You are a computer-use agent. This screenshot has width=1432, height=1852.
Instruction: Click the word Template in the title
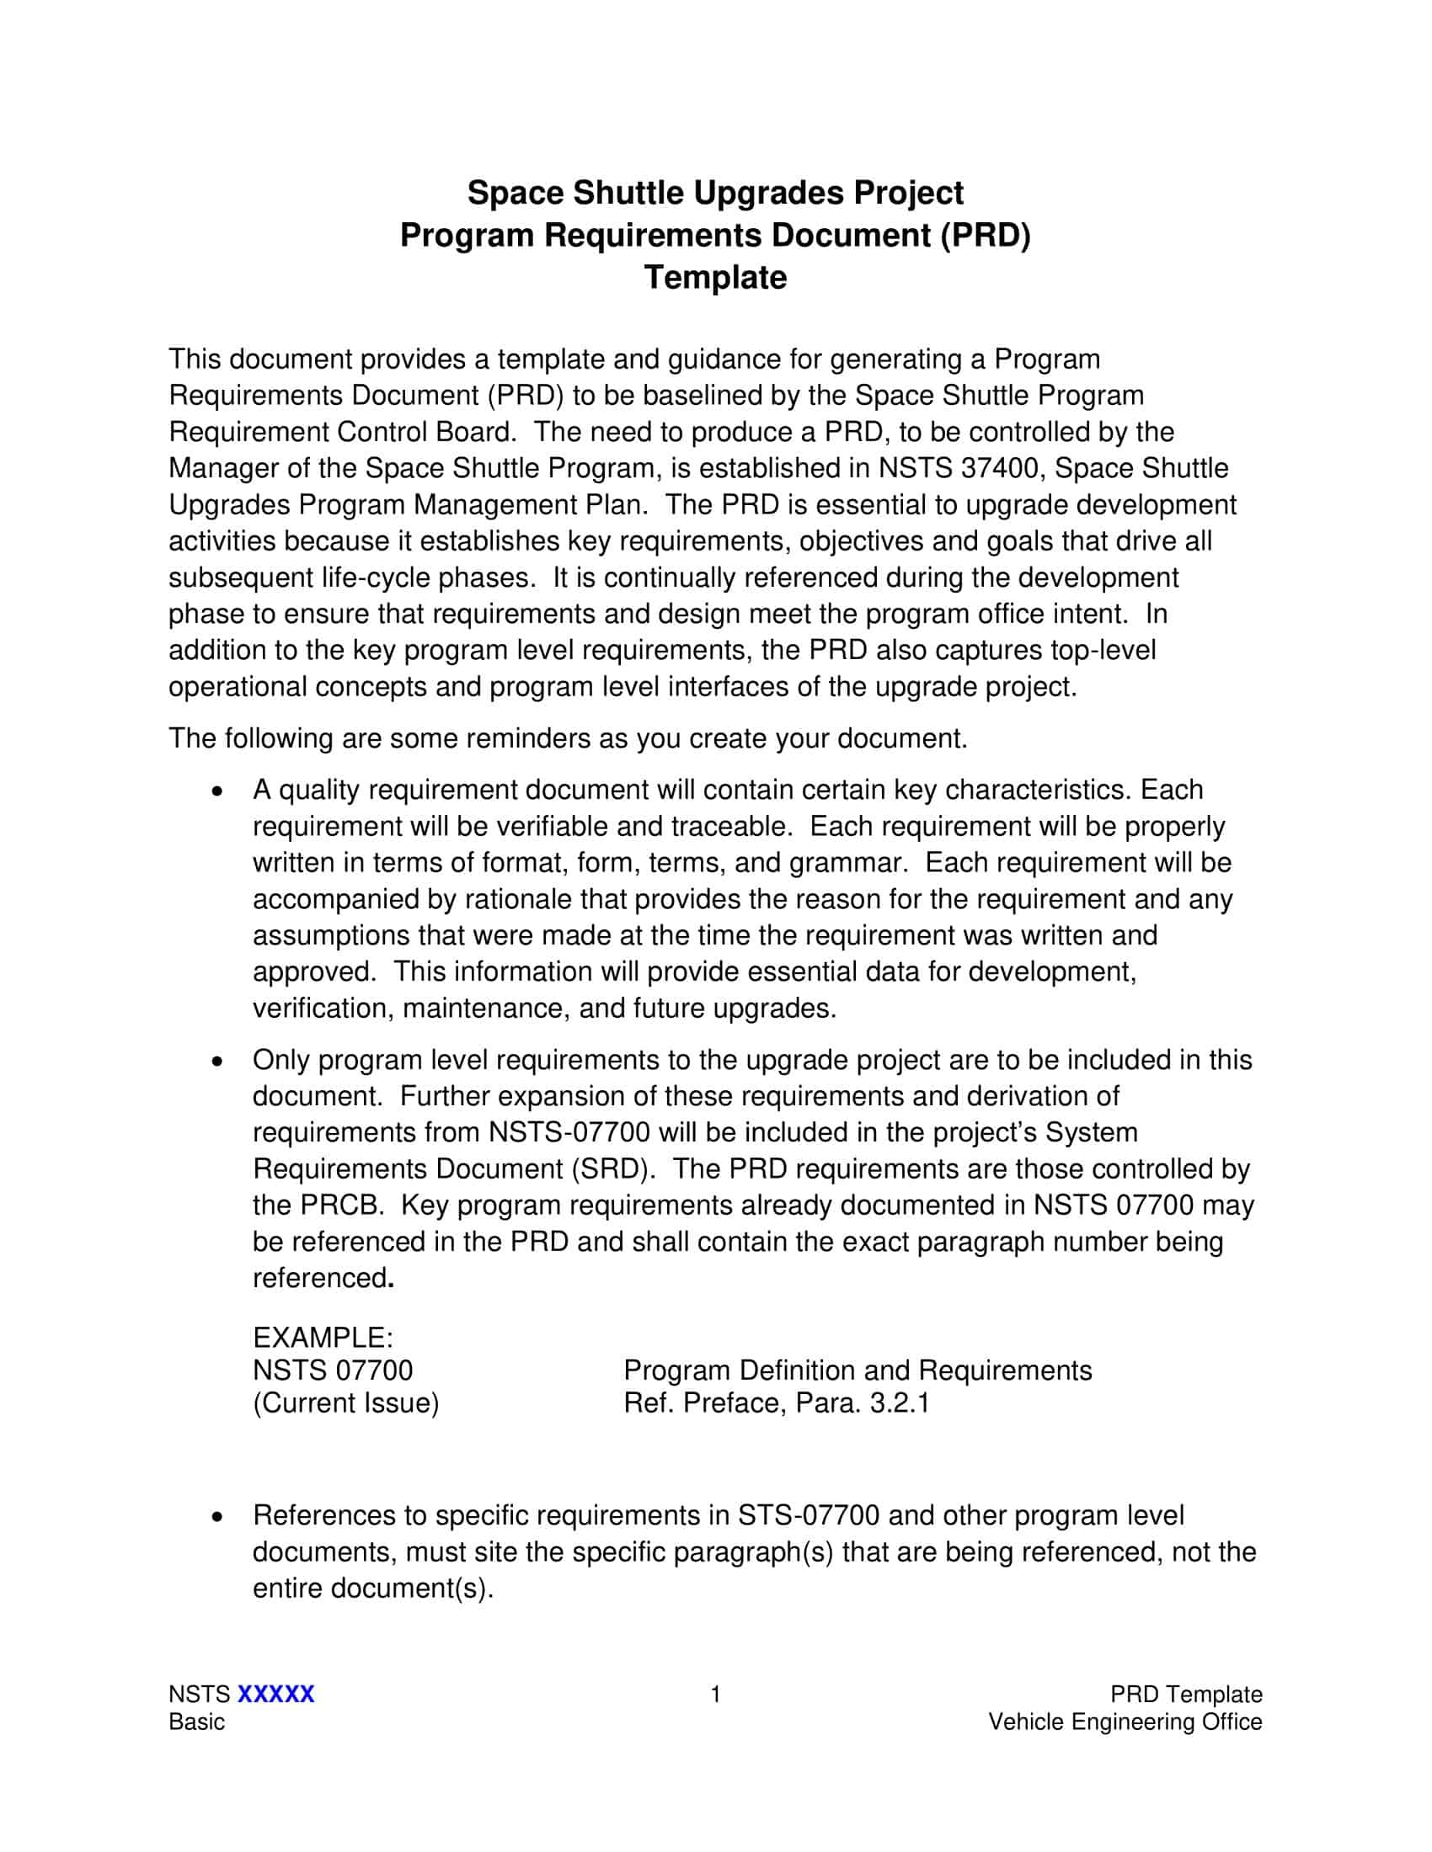coord(715,278)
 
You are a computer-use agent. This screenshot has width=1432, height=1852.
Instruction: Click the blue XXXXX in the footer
coord(275,1695)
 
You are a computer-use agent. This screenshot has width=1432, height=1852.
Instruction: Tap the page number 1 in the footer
coord(715,1695)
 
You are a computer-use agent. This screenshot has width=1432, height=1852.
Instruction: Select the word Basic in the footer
coord(197,1722)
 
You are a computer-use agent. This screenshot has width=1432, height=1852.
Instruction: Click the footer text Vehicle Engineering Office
coord(1125,1722)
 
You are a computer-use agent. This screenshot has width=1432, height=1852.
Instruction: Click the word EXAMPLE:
coord(323,1338)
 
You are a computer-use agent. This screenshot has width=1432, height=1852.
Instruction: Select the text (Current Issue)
coord(346,1402)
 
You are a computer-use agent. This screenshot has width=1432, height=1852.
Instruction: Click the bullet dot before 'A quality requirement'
coord(219,790)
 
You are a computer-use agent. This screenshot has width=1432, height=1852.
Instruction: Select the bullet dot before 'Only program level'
coord(219,1060)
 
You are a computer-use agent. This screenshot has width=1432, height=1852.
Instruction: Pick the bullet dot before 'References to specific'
coord(219,1516)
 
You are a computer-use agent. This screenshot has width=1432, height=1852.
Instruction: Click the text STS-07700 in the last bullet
coord(809,1515)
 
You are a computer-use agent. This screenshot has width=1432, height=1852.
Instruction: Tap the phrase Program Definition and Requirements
coord(858,1370)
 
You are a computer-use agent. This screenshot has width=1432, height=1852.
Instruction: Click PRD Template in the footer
coord(1186,1695)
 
